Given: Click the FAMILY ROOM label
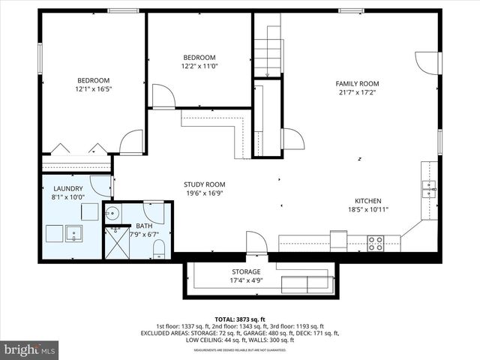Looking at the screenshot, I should pyautogui.click(x=357, y=84).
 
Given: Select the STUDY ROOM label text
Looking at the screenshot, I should pyautogui.click(x=205, y=184).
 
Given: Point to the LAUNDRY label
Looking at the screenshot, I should pyautogui.click(x=68, y=188).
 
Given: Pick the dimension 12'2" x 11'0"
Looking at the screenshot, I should pyautogui.click(x=199, y=67).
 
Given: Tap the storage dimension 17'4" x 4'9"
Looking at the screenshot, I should pyautogui.click(x=246, y=281).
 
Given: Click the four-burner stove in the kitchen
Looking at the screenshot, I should pyautogui.click(x=375, y=243).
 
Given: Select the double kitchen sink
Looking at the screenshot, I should pyautogui.click(x=428, y=189).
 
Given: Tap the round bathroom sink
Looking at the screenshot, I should pyautogui.click(x=112, y=213).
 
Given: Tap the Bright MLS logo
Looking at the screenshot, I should pyautogui.click(x=30, y=349).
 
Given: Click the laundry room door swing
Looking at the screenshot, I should pyautogui.click(x=100, y=185).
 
